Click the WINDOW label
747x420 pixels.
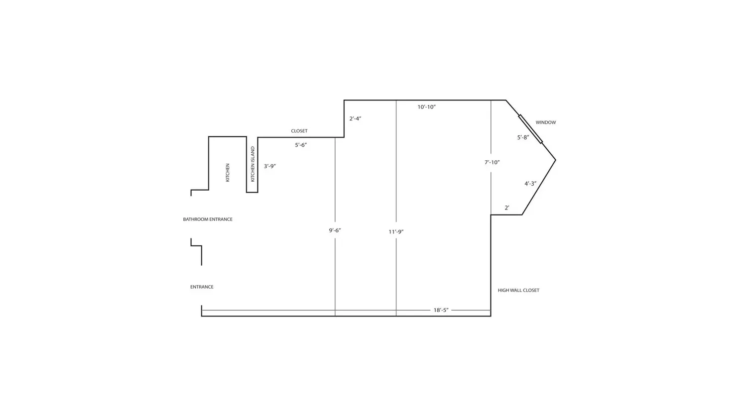coord(546,122)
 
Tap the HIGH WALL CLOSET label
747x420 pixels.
coord(518,290)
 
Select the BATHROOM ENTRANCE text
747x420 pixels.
coord(208,219)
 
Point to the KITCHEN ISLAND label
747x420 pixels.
coord(252,164)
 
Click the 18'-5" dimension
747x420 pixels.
coord(441,310)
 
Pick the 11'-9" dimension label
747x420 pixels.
coord(396,232)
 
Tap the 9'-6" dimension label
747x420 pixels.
coord(335,230)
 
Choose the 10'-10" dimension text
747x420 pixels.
coord(427,107)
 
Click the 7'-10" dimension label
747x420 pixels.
coord(492,162)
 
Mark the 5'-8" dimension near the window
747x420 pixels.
coord(523,137)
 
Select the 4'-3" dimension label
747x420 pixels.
coord(530,184)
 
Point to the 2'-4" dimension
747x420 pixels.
coord(356,118)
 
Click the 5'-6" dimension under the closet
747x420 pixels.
coord(301,145)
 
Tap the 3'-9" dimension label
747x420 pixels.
coord(270,166)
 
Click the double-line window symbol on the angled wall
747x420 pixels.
coord(530,129)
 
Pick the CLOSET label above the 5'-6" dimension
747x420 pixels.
coord(299,131)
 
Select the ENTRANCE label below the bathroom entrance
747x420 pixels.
coord(202,287)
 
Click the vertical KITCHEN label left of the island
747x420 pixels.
coord(228,173)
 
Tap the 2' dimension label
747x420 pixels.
coord(507,208)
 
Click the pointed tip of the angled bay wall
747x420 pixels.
coord(556,160)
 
